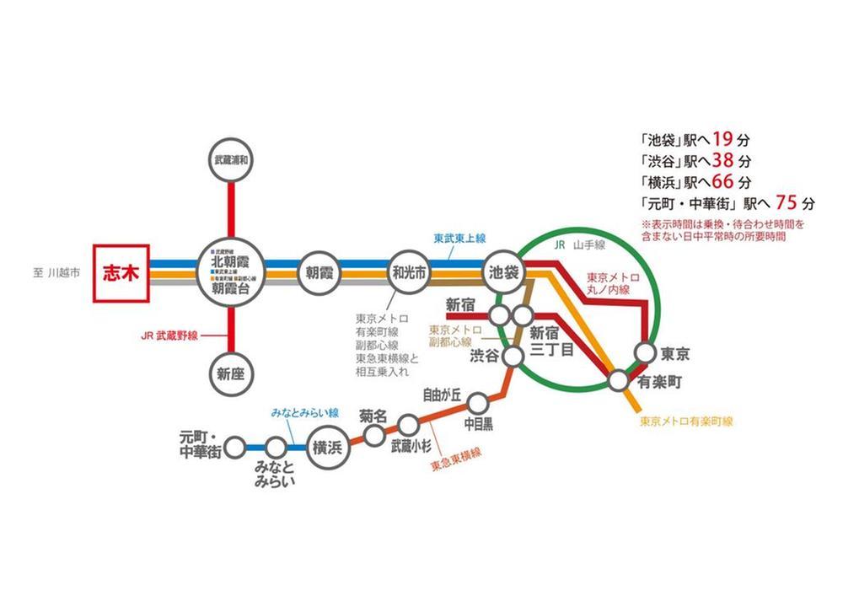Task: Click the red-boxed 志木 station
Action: [x=120, y=273]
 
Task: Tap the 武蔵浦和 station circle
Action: [x=234, y=158]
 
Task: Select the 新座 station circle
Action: [x=234, y=373]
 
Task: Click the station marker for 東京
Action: [x=646, y=353]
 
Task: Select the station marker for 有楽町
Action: [x=618, y=381]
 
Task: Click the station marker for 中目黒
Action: [x=478, y=402]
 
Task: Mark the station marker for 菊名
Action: [x=373, y=436]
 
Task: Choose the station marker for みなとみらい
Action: [x=276, y=447]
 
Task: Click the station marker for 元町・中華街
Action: [x=237, y=447]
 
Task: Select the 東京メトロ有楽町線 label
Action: [x=686, y=421]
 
